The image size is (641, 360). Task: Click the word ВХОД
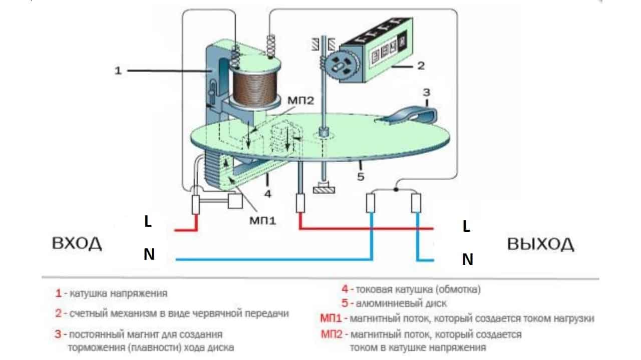click(77, 244)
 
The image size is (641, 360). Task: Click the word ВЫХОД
click(540, 244)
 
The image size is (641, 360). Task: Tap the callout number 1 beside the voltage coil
click(118, 71)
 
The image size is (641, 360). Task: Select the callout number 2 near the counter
click(421, 65)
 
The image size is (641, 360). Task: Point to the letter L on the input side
click(148, 222)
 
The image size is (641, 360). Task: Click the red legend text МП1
click(331, 318)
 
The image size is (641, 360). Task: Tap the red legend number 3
click(58, 334)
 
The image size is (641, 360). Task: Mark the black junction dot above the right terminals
click(396, 189)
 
